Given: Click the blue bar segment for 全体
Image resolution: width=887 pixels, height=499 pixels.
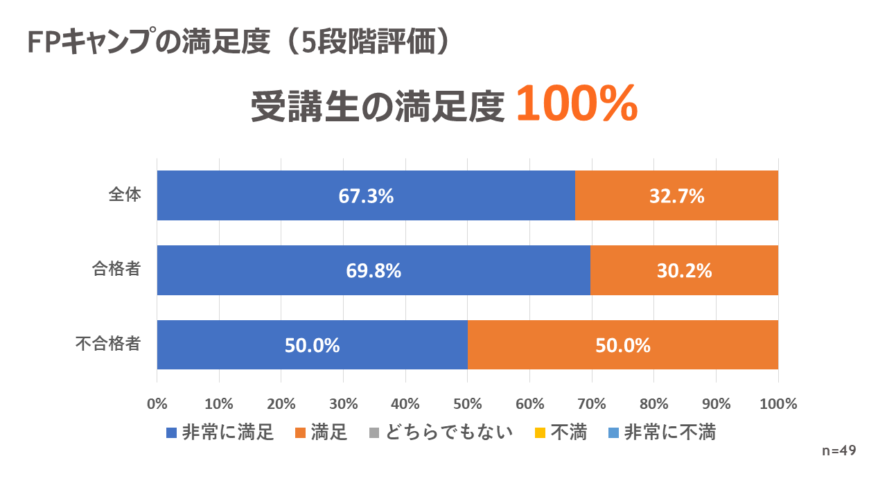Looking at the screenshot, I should point(277,195).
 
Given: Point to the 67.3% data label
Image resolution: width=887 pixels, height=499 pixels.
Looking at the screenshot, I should point(366,196).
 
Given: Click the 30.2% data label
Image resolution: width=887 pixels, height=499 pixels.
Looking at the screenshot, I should point(684,271).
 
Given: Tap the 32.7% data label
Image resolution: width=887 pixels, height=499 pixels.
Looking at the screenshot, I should point(676,196).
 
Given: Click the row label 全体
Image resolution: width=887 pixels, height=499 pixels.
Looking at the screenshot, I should point(125,195).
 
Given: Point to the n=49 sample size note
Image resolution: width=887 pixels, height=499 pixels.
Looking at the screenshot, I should point(838,450).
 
